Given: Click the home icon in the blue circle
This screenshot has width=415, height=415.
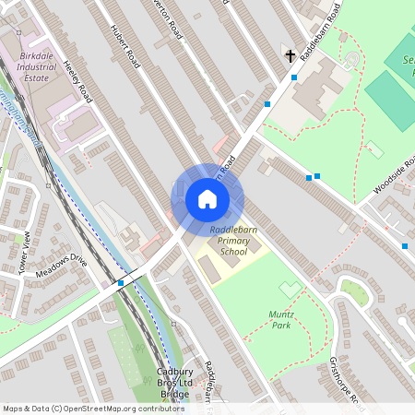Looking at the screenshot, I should coord(207,199).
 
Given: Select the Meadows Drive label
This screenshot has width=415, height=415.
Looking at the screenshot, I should coord(61,267).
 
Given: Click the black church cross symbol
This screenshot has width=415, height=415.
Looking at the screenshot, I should coord(290,56).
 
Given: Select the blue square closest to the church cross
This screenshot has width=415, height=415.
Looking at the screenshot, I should coord(294,77).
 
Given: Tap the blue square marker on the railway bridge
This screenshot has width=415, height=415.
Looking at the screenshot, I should coord(121,283).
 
